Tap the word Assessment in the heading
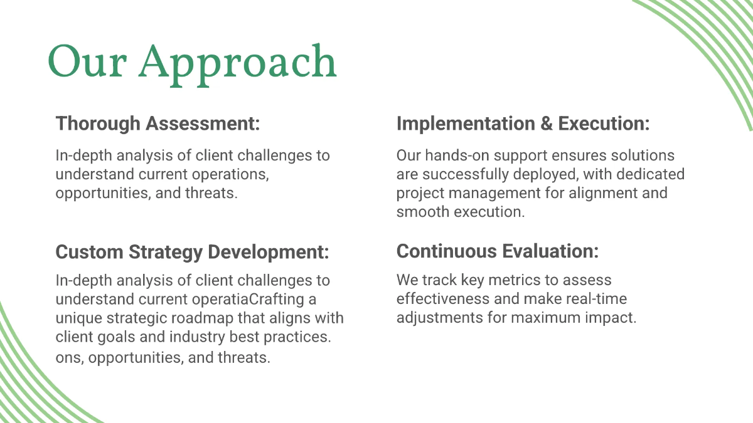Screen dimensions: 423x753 (202, 123)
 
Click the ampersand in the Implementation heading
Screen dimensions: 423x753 (545, 123)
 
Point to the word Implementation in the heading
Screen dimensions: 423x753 (465, 123)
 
